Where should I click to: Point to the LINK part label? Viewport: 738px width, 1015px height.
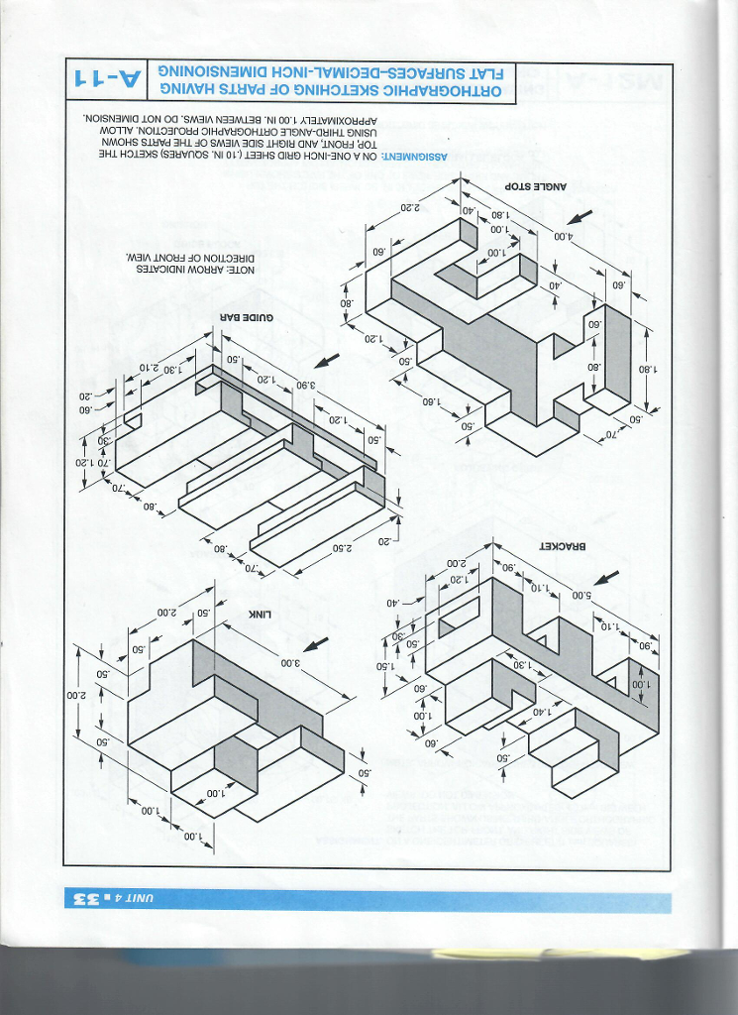pos(260,614)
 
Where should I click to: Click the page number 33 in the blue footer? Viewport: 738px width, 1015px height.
pos(87,900)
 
